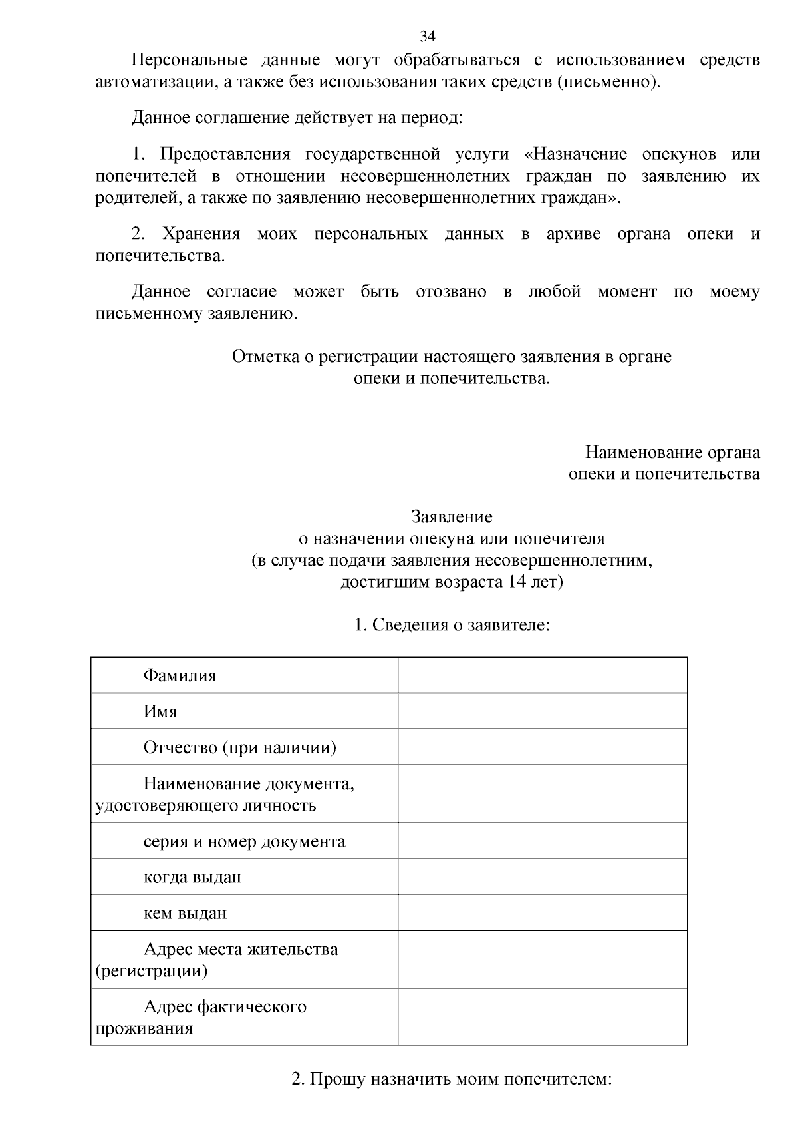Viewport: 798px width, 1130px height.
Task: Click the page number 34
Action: click(x=427, y=36)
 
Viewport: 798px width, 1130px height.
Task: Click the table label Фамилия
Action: click(x=180, y=676)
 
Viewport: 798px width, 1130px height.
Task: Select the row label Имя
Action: click(x=160, y=712)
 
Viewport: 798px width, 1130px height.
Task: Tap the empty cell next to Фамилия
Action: click(x=542, y=675)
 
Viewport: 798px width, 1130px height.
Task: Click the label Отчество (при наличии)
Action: click(x=239, y=748)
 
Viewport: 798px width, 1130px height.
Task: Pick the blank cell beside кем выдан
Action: click(x=542, y=912)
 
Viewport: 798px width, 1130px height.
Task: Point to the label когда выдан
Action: click(x=192, y=877)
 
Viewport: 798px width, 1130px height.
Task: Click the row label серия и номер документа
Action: click(x=244, y=841)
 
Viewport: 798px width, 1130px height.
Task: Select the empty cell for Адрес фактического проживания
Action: click(x=542, y=1016)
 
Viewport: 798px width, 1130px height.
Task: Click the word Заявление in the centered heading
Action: click(x=452, y=516)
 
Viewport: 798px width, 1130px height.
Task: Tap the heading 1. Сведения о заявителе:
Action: click(x=452, y=625)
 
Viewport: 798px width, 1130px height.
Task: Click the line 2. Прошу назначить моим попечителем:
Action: click(x=452, y=1079)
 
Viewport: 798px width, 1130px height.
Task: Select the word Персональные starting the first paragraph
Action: click(x=189, y=60)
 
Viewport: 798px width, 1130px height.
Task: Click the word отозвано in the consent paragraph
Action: click(x=451, y=292)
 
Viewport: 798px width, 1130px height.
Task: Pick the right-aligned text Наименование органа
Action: click(x=672, y=453)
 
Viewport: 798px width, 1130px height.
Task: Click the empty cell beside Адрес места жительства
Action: click(x=542, y=959)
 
